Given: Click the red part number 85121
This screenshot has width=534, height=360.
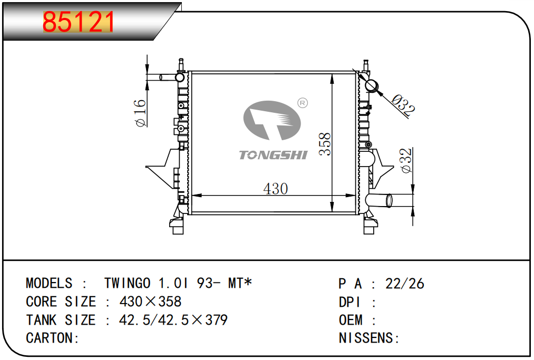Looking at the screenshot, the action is (x=78, y=22).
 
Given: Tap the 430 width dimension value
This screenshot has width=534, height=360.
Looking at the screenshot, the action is (x=276, y=189).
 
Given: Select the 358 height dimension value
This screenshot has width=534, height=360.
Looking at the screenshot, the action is (x=325, y=144).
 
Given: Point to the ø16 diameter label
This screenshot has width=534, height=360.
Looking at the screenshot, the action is (x=140, y=113).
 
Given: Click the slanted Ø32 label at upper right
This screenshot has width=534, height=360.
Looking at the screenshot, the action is (x=403, y=105).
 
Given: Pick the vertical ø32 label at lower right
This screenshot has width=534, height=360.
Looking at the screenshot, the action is (x=406, y=160).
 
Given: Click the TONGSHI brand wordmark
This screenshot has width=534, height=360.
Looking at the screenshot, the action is (x=273, y=155).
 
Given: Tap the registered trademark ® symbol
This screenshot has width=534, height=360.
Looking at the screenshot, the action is (x=303, y=103).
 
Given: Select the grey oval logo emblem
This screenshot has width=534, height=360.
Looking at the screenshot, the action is (x=272, y=120).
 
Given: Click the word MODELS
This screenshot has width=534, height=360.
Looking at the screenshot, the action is (x=49, y=284).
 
